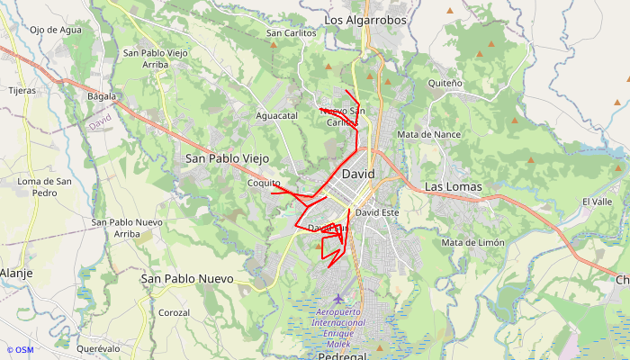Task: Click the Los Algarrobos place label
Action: (365, 20)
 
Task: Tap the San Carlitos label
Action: (292, 33)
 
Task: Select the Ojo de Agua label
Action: (56, 30)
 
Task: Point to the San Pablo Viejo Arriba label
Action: (156, 58)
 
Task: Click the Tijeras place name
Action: (22, 91)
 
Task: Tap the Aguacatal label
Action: (276, 116)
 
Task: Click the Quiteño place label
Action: (445, 84)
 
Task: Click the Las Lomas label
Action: (453, 187)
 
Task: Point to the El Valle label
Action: (597, 202)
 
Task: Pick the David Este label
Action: (377, 213)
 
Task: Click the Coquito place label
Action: (264, 183)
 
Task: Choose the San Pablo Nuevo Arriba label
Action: (127, 228)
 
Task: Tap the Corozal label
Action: (174, 312)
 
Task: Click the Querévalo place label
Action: (98, 348)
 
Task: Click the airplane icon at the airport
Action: (337, 299)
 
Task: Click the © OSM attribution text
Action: (20, 350)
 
